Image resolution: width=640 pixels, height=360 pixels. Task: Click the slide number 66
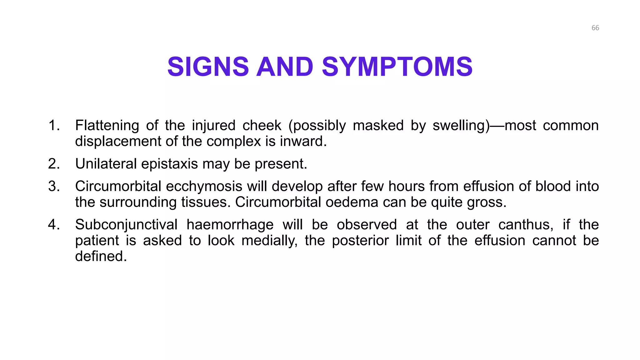point(595,28)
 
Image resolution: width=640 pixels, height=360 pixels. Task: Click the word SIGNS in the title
point(208,67)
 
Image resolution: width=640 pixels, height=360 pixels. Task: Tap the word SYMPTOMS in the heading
point(397,67)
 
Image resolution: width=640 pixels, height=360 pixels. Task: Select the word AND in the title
point(285,67)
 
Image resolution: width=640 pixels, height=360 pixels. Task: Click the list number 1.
point(54,125)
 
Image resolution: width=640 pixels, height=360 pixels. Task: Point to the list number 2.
point(54,164)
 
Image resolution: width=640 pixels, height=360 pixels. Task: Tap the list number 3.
point(54,186)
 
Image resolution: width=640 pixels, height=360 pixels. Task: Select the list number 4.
point(54,225)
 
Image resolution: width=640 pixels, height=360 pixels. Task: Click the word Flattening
point(107,125)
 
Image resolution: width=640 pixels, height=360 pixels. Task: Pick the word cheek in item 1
point(262,125)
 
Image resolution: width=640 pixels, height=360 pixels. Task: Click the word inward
point(302,141)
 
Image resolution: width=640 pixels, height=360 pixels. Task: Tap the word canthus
point(526,225)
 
